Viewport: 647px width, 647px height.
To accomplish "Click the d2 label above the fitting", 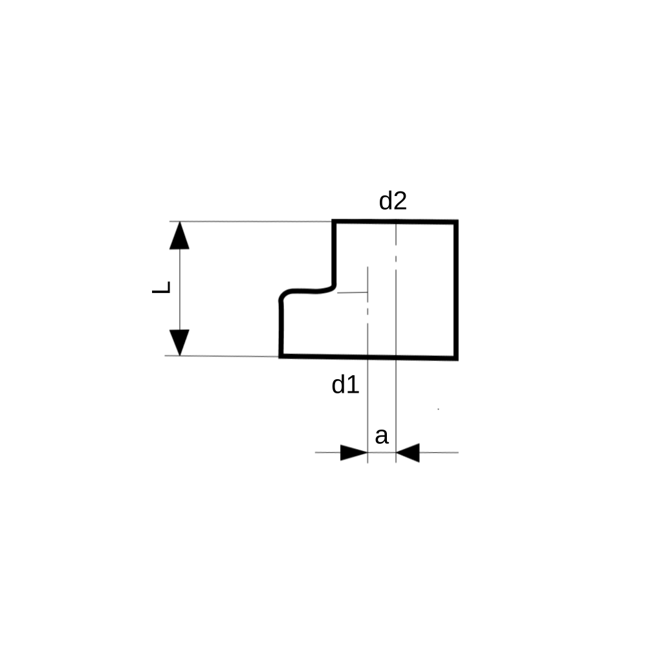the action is pyautogui.click(x=393, y=201).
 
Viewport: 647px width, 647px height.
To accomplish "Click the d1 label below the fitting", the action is pyautogui.click(x=345, y=384).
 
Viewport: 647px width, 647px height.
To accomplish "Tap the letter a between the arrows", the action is pyautogui.click(x=382, y=436).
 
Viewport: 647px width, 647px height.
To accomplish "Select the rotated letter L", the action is pyautogui.click(x=161, y=287).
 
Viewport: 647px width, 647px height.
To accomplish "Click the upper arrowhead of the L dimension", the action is pyautogui.click(x=179, y=236).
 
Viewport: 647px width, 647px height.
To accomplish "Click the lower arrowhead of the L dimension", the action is pyautogui.click(x=179, y=342).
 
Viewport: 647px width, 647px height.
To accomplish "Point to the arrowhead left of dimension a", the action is pyautogui.click(x=354, y=453).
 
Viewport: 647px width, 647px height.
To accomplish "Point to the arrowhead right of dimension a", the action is pyautogui.click(x=408, y=453).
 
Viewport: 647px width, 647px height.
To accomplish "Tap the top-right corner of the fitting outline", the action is pyautogui.click(x=457, y=221).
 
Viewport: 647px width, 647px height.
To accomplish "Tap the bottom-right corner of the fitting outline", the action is pyautogui.click(x=457, y=358).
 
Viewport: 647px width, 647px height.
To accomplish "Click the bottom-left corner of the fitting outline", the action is pyautogui.click(x=281, y=356).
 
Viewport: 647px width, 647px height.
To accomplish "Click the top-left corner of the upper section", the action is pyautogui.click(x=334, y=221).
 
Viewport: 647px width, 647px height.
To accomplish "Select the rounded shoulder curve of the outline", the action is pyautogui.click(x=307, y=291).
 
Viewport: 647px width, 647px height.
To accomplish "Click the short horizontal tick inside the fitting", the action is pyautogui.click(x=353, y=292).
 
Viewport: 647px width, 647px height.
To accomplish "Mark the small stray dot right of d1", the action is pyautogui.click(x=438, y=410).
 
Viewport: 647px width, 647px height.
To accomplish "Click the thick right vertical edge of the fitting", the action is pyautogui.click(x=456, y=290).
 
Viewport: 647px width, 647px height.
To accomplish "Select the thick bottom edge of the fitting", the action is pyautogui.click(x=369, y=357).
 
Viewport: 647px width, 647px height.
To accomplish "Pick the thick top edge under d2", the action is pyautogui.click(x=395, y=222).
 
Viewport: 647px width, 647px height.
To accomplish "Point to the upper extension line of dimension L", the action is pyautogui.click(x=251, y=221).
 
